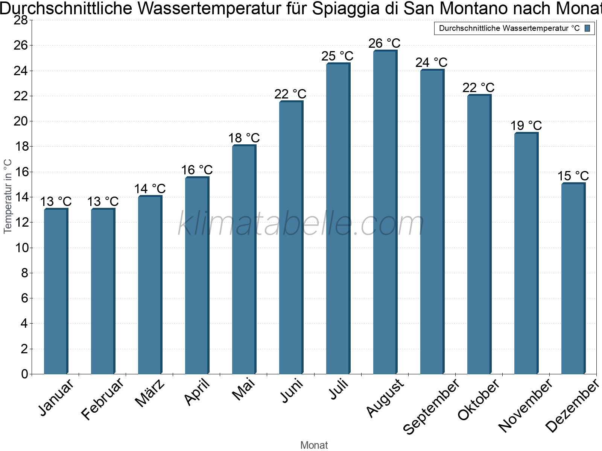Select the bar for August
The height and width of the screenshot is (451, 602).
385,212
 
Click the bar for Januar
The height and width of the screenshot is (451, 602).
56,291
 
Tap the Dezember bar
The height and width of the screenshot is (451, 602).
573,278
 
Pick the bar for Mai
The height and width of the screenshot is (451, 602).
243,259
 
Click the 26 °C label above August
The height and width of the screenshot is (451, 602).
385,44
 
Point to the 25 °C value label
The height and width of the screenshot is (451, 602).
337,56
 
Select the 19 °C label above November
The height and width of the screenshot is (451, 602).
526,126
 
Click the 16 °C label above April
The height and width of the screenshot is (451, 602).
197,170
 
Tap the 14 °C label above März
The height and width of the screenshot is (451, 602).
150,189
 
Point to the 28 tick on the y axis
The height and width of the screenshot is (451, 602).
21,20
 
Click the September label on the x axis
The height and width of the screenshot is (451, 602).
431,406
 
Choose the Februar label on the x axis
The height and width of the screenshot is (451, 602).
102,398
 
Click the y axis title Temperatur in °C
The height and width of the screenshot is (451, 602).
8,196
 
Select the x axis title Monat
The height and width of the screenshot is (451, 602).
314,445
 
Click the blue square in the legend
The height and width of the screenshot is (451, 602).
587,28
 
